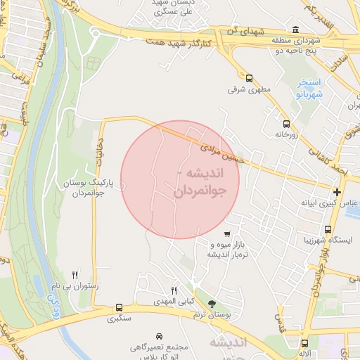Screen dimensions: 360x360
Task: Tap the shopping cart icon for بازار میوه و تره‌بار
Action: coord(226,234)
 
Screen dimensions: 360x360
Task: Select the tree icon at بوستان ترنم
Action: coord(212,304)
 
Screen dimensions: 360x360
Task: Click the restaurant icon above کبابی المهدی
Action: coord(174,290)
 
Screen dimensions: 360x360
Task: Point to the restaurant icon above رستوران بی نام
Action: coord(75,275)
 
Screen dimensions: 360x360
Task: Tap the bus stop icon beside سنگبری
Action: coord(119,307)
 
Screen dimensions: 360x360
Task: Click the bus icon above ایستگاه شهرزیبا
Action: coord(328,229)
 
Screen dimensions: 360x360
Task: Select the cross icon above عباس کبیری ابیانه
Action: coord(337,192)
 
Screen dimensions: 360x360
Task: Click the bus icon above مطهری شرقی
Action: coord(250,78)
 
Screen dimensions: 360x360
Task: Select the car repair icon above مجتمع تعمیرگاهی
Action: coord(160,337)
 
